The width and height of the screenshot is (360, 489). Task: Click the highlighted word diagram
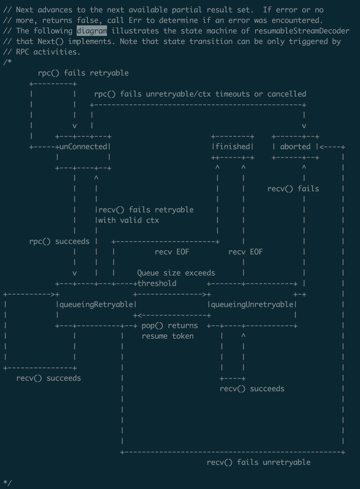coord(92,31)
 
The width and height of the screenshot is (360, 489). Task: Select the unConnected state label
coord(83,146)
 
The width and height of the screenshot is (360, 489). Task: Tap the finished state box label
coord(233,146)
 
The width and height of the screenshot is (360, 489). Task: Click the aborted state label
coord(295,146)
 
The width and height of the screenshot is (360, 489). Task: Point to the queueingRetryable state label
coord(96,304)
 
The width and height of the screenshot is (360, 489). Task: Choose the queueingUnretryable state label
coord(252,304)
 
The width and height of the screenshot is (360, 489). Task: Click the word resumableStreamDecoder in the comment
coord(302,31)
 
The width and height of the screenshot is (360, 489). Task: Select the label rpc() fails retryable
coord(83,73)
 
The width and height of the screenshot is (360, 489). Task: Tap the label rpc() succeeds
coord(59,241)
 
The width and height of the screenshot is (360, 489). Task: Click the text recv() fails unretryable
coord(259,462)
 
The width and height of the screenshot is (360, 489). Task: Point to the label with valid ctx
coord(129,220)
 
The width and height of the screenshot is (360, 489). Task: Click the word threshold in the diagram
coord(157,283)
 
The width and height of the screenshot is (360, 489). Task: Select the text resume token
coord(168,336)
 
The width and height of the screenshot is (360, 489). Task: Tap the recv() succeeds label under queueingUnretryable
coord(252,389)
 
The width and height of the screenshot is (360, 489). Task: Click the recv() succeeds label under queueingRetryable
coord(49,378)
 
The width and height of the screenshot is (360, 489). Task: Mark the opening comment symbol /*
coord(7,62)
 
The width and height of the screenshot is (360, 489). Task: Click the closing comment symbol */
coord(7,483)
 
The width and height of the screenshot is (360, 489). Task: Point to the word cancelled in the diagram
coord(287,94)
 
